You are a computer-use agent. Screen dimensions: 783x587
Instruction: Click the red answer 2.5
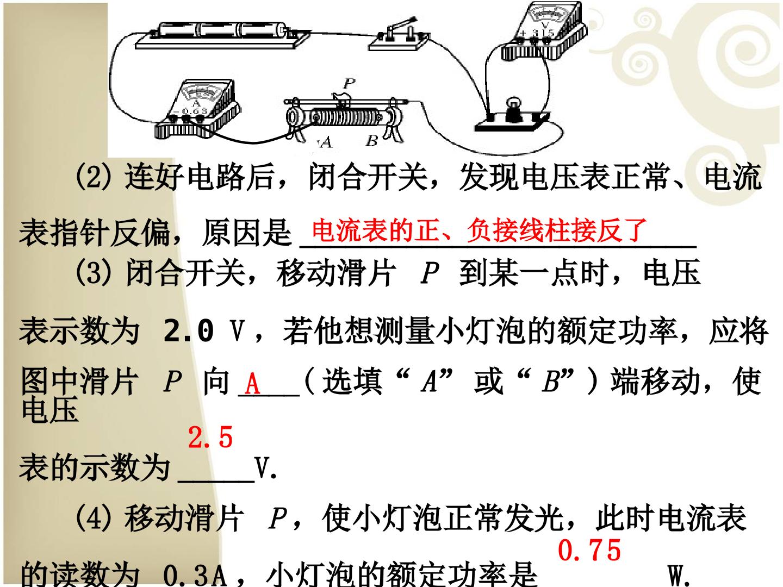tap(210, 438)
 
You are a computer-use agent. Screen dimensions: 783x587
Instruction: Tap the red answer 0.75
tap(589, 550)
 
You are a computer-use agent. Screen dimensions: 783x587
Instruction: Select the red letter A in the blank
tap(252, 383)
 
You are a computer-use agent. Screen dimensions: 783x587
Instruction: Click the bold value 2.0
tap(189, 330)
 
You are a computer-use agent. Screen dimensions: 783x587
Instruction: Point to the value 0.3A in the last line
tap(195, 574)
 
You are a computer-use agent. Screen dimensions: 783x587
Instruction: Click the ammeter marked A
tap(198, 109)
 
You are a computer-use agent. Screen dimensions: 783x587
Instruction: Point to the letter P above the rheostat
tap(349, 83)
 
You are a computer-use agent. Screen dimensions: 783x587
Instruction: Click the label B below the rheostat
tap(371, 141)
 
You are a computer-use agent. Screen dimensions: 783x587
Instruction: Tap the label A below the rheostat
tap(326, 142)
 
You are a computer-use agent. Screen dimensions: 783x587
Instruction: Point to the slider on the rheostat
tap(341, 100)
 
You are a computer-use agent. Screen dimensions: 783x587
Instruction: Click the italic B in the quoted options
tap(550, 382)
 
